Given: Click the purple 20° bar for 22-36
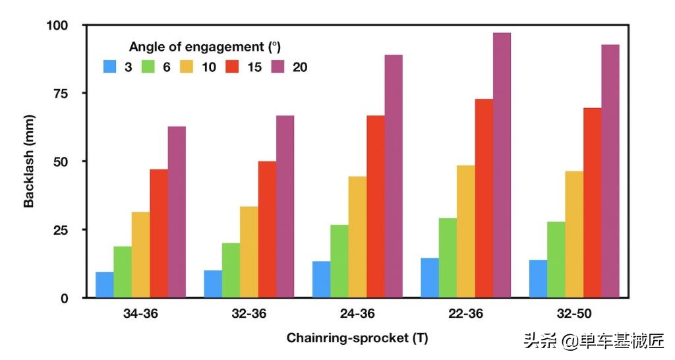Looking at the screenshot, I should (x=502, y=165).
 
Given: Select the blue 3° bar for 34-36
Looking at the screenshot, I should (x=105, y=285).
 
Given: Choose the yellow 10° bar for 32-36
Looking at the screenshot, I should (x=249, y=252).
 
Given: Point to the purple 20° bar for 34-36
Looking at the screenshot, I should (x=177, y=212).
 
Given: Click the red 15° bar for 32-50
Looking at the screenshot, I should (x=592, y=202).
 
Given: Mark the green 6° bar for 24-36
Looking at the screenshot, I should (x=339, y=261).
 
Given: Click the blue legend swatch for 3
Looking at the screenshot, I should (x=110, y=67).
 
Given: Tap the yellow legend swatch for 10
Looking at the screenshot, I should (x=189, y=67).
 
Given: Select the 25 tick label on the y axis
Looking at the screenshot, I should (x=61, y=229).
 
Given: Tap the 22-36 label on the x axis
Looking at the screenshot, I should (x=465, y=314).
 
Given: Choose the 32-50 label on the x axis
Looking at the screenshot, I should (x=573, y=314).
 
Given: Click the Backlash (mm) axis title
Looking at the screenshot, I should (x=29, y=162).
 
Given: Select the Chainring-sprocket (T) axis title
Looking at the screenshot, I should (x=357, y=338).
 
